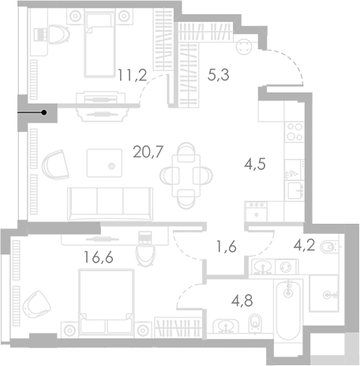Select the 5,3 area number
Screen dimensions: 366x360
point(219,77)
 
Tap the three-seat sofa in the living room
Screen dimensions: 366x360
point(111,204)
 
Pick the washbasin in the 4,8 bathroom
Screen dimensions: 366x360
point(227,324)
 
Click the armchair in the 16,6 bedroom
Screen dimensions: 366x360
point(35,303)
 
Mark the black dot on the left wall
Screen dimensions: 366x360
point(44,113)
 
